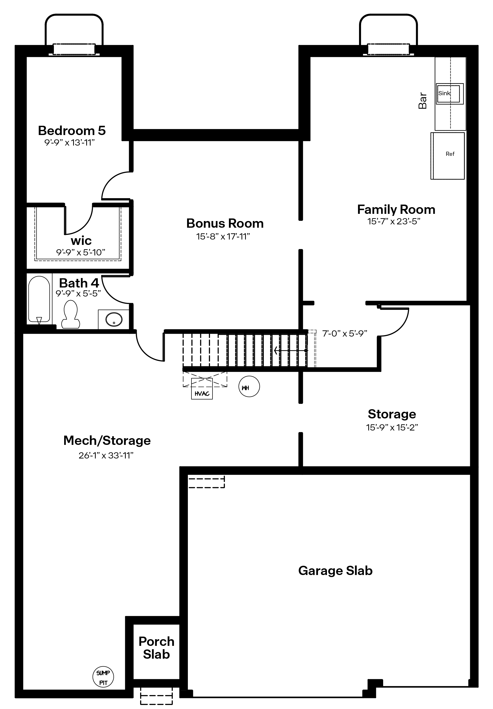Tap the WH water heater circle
click(x=249, y=386)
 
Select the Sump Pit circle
click(x=103, y=677)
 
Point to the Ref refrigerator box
click(x=448, y=156)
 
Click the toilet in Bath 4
click(x=71, y=314)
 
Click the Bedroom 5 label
click(x=72, y=131)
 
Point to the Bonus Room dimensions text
click(x=223, y=236)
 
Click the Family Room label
click(x=396, y=210)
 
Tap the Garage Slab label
click(x=335, y=571)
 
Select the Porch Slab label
click(x=156, y=648)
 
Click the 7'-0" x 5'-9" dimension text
click(x=344, y=333)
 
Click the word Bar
click(x=422, y=101)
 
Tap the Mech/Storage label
click(x=107, y=441)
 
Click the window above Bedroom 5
click(x=74, y=49)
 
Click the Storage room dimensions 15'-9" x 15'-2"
click(x=392, y=427)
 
